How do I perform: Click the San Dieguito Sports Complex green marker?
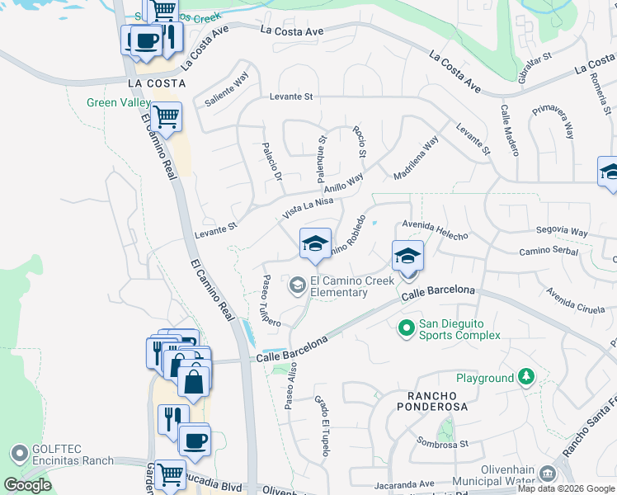click(x=406, y=328)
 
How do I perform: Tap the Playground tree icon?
click(x=525, y=378)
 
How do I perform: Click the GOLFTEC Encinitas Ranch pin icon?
click(x=18, y=453)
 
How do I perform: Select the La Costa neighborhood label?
click(x=156, y=84)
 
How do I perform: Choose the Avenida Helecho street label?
click(x=435, y=229)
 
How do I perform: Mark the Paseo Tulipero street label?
click(x=271, y=299)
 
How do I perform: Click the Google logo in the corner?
click(x=27, y=484)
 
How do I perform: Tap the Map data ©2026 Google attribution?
click(x=566, y=488)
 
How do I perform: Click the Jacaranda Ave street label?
click(x=403, y=483)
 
